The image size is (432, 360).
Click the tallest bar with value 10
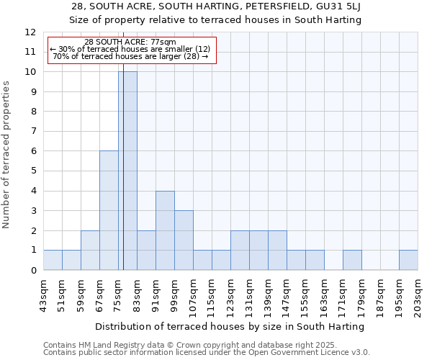pos(127,171)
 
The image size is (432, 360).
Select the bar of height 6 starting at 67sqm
pos(109,210)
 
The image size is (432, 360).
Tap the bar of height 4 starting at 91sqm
pos(165,230)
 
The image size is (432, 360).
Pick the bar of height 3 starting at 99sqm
pos(184,240)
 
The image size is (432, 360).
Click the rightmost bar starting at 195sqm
pos(408,260)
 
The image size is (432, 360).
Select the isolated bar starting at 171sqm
pos(352,260)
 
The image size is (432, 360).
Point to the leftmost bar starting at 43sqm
pos(53,260)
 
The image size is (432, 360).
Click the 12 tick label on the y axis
pos(30,32)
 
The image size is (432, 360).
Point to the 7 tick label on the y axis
pos(32,132)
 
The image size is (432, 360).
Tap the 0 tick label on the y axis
pos(32,271)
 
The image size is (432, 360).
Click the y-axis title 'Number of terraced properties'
pos(7,154)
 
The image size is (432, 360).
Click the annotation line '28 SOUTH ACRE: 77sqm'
pos(130,42)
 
